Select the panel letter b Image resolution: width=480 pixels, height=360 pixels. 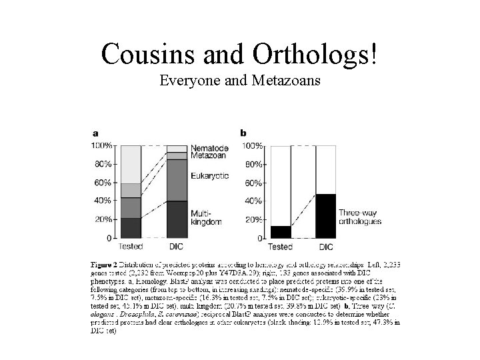click(x=243, y=132)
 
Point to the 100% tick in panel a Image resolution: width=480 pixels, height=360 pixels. click(x=102, y=145)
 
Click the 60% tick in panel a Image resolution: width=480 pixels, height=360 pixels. click(x=104, y=183)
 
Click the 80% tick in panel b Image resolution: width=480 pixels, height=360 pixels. click(x=253, y=164)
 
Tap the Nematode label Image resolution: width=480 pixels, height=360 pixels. click(x=209, y=147)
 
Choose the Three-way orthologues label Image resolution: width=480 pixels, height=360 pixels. click(x=360, y=216)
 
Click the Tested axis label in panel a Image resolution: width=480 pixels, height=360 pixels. click(x=130, y=247)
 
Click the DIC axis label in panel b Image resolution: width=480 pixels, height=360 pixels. click(x=325, y=247)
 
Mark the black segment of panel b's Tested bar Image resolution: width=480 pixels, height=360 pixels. click(x=281, y=231)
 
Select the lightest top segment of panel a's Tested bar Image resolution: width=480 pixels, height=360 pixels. click(x=130, y=164)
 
